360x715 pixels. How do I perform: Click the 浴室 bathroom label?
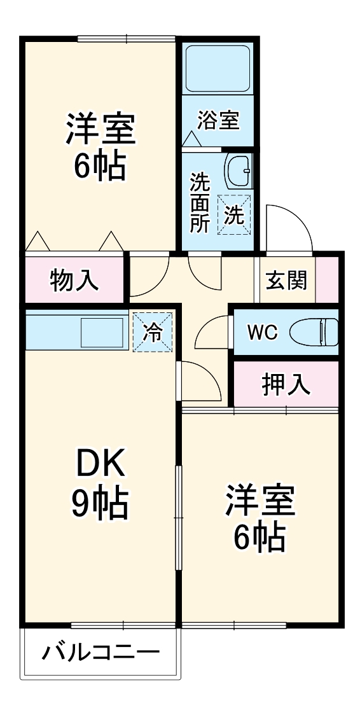pos(218,120)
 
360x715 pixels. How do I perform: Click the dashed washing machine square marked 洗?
pos(234,215)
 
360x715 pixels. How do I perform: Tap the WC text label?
pos(263,332)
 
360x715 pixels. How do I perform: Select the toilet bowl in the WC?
pos(314,331)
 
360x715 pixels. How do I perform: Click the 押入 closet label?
pos(286,384)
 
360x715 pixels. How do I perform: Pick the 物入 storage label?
pos(74,280)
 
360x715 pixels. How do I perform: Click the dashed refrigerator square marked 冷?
pos(153,331)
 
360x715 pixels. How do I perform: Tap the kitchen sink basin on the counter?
pos(102,331)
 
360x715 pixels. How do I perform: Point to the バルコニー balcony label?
pos(100,653)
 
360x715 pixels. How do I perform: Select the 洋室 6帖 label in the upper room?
pos(100,146)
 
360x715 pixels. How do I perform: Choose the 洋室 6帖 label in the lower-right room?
pos(260,519)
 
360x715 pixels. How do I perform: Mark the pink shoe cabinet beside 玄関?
pos(327,280)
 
